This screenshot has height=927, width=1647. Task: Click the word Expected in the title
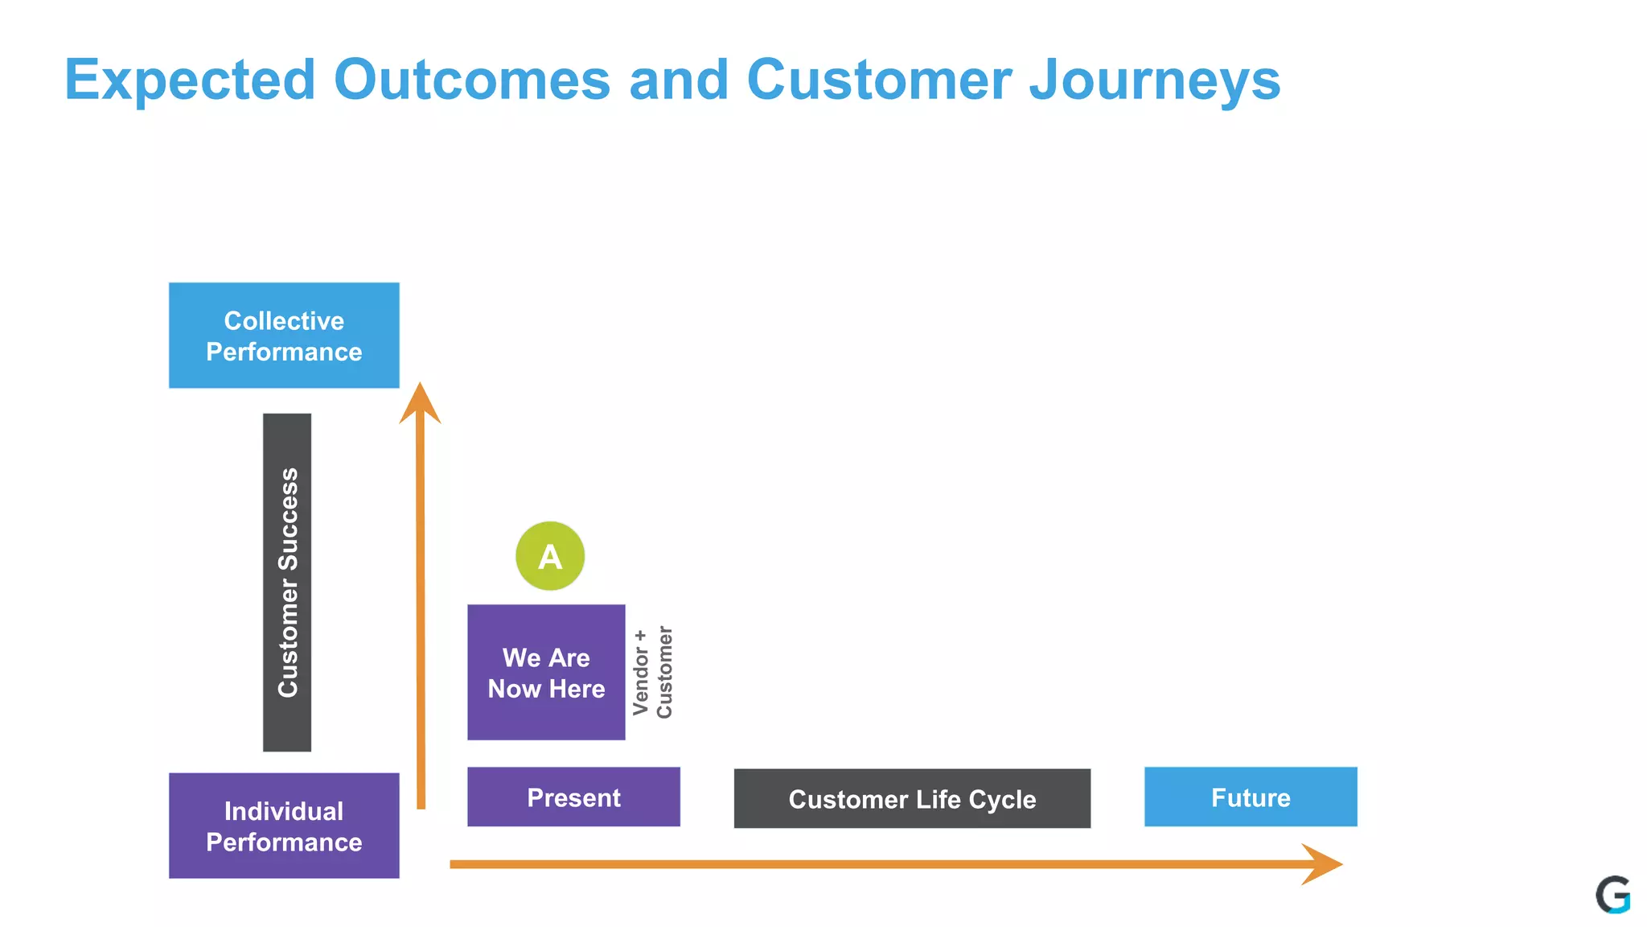point(190,80)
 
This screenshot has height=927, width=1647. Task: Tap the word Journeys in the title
point(1155,80)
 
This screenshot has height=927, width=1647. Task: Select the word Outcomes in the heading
point(472,80)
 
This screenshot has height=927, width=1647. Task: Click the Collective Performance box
point(284,336)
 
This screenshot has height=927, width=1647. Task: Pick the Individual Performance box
point(284,826)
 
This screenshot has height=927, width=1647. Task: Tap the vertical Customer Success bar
point(287,583)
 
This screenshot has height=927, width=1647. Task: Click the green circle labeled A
point(550,556)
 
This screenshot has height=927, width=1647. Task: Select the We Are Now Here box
point(546,673)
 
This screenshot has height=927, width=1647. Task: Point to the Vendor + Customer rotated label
point(652,673)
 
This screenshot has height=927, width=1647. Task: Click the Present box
point(573,797)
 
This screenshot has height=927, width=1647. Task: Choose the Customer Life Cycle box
point(912,798)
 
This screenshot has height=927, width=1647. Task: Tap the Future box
point(1251,797)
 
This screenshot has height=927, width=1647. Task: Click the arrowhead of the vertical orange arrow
point(420,404)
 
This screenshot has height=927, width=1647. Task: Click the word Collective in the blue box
point(284,321)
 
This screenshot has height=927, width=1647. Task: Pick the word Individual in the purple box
point(284,811)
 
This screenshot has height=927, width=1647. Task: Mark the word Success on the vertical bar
point(288,519)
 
